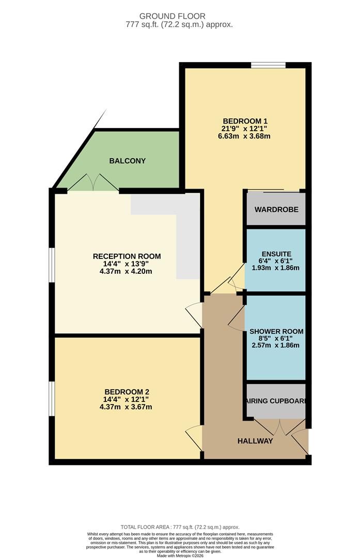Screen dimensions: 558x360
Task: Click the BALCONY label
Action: [127, 161]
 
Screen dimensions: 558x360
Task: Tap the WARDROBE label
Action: [275, 209]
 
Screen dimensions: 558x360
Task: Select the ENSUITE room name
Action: [276, 254]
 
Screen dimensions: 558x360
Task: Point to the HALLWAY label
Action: [255, 441]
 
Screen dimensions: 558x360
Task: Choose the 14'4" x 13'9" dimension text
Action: [127, 264]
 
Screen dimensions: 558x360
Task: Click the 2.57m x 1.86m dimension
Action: [276, 345]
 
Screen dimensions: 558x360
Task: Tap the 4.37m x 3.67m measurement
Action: [127, 407]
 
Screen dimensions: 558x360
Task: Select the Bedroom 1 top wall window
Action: [269, 65]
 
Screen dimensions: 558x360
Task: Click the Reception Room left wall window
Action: [52, 265]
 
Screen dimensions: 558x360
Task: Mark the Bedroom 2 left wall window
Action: [52, 398]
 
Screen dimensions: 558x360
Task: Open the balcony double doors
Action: [93, 182]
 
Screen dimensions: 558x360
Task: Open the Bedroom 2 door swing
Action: [194, 437]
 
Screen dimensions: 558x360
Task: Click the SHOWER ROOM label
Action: [276, 331]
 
